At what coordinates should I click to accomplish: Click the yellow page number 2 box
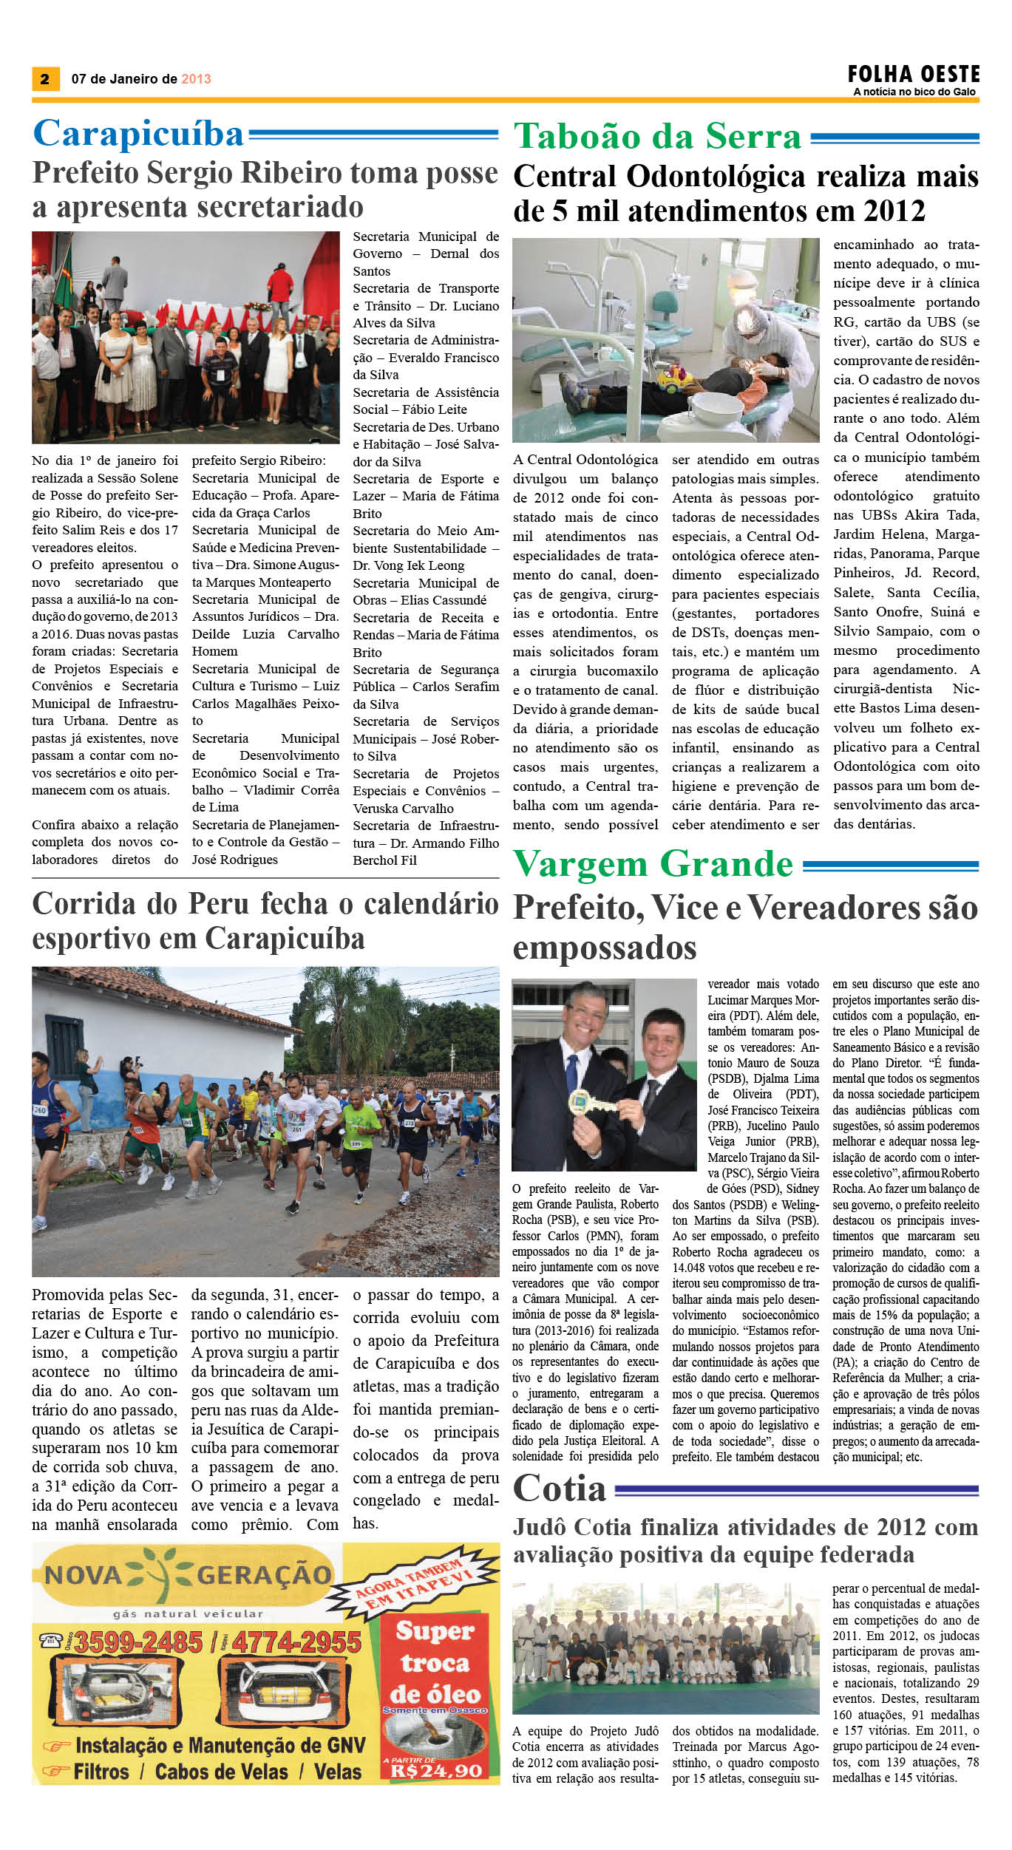[45, 79]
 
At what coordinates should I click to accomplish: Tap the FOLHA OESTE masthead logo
[914, 74]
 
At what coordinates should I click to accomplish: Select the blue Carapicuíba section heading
[138, 134]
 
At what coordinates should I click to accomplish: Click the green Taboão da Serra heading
[657, 137]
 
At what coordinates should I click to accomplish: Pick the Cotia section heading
[560, 1489]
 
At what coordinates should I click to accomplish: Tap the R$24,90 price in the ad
[436, 1772]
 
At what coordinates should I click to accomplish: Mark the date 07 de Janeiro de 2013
[141, 79]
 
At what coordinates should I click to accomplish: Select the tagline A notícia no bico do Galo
[914, 92]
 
